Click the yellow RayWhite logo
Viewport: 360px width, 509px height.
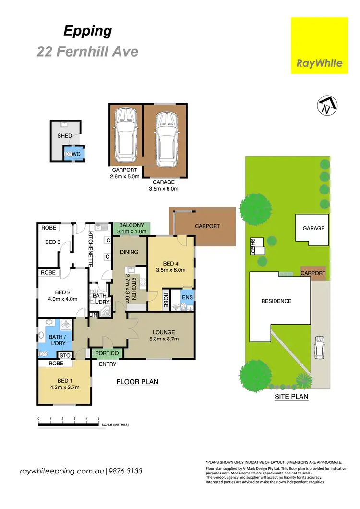(320, 46)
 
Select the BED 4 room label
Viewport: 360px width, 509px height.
(171, 263)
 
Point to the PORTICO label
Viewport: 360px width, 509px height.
(108, 353)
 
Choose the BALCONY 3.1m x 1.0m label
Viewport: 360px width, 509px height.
(132, 228)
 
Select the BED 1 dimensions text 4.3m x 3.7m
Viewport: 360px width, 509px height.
(64, 387)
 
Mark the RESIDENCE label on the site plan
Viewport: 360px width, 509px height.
(276, 301)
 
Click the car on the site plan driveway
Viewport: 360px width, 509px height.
(319, 347)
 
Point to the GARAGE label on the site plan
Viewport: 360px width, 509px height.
(313, 229)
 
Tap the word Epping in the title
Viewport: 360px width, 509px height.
(88, 32)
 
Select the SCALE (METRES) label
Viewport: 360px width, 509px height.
(114, 425)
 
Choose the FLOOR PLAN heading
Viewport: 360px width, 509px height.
(137, 382)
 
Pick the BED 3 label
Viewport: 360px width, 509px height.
(53, 242)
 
